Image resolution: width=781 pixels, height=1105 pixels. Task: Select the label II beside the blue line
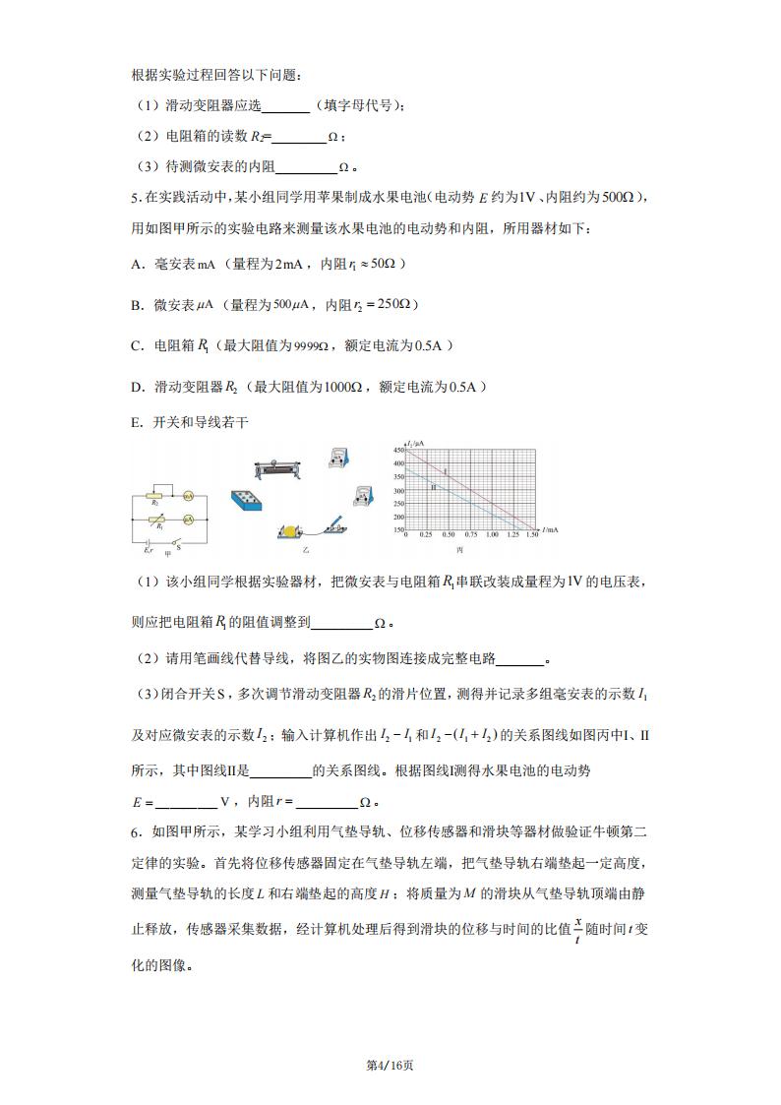tap(433, 487)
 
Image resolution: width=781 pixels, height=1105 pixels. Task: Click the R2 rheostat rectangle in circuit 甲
tap(152, 498)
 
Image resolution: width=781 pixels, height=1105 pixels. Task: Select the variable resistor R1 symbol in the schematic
tap(152, 517)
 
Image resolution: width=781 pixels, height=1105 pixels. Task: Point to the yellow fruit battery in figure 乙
tap(289, 531)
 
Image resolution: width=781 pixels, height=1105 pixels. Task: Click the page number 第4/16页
tap(390, 1065)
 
